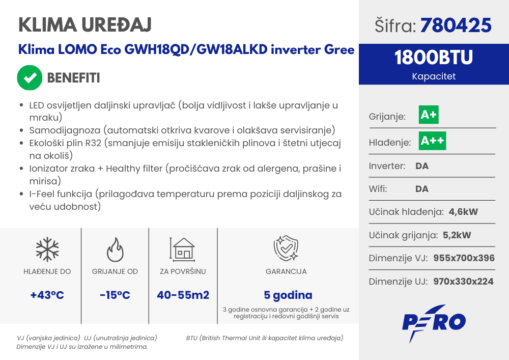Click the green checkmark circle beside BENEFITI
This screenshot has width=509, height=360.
coord(30,77)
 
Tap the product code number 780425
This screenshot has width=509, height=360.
coord(456,25)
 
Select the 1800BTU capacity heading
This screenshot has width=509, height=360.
coord(434,58)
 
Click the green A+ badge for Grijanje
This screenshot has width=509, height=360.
coord(429,115)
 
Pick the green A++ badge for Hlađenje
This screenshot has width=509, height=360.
coord(432,141)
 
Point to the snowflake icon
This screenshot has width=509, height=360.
coord(47,250)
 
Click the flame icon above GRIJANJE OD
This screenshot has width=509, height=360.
coord(115,250)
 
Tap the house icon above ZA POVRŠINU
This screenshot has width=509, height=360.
coord(182,250)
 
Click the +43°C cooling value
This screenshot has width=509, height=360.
coord(47,295)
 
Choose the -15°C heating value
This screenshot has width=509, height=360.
coord(115,295)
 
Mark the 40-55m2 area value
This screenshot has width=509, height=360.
coord(183,295)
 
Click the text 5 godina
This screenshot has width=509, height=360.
coord(288,295)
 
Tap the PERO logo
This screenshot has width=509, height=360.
coord(434,322)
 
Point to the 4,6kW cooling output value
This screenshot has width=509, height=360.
coord(463,212)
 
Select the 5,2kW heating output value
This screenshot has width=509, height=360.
coord(457,235)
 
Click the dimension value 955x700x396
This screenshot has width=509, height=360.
coord(464,258)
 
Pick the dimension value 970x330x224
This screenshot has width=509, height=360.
coord(463,281)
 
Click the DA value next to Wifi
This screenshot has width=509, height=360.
coord(422,189)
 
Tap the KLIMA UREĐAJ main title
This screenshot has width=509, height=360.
coord(84,24)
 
